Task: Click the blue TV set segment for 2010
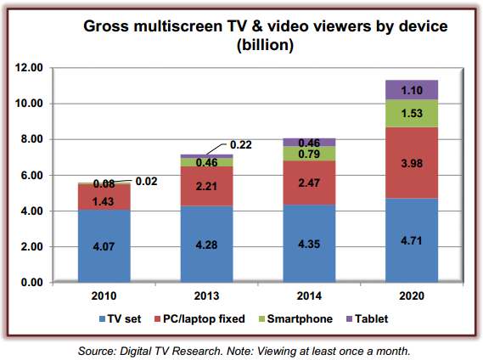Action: (104, 246)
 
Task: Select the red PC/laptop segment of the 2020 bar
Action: (412, 163)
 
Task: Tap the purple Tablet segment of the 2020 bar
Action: (412, 90)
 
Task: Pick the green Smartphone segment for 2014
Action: (309, 154)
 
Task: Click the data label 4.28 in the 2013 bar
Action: (206, 245)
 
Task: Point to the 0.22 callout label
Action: (241, 144)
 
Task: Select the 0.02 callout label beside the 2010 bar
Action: (146, 181)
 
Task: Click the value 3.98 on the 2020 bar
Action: (412, 163)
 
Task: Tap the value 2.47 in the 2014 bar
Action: (309, 183)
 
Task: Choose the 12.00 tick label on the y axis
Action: (29, 68)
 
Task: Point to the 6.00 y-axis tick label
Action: (31, 175)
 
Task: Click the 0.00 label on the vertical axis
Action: (31, 283)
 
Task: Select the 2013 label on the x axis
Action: (206, 295)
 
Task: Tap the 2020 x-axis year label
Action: (412, 295)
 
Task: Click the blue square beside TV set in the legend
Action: (102, 319)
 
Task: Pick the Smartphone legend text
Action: (300, 318)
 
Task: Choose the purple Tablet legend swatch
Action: (350, 319)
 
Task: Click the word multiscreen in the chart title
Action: (177, 26)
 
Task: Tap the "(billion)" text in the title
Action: (265, 45)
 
